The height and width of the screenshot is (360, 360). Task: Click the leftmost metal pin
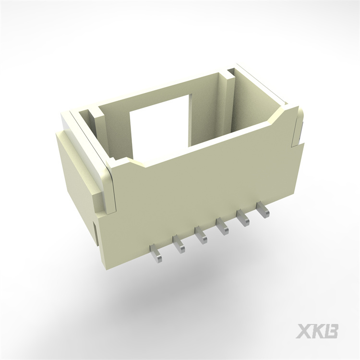pos(156,253)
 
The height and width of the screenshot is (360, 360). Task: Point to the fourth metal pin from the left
pos(223,226)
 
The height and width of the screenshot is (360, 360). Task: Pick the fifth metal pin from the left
pos(243,218)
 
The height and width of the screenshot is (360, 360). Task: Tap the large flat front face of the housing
pos(202,187)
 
